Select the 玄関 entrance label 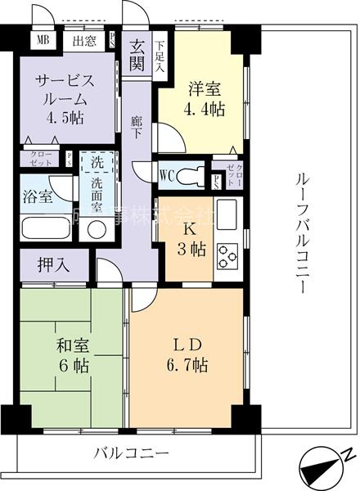137,55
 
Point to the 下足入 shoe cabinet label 160,56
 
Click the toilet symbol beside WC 194,173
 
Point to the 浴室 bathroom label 36,197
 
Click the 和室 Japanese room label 68,346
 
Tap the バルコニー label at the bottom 130,453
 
